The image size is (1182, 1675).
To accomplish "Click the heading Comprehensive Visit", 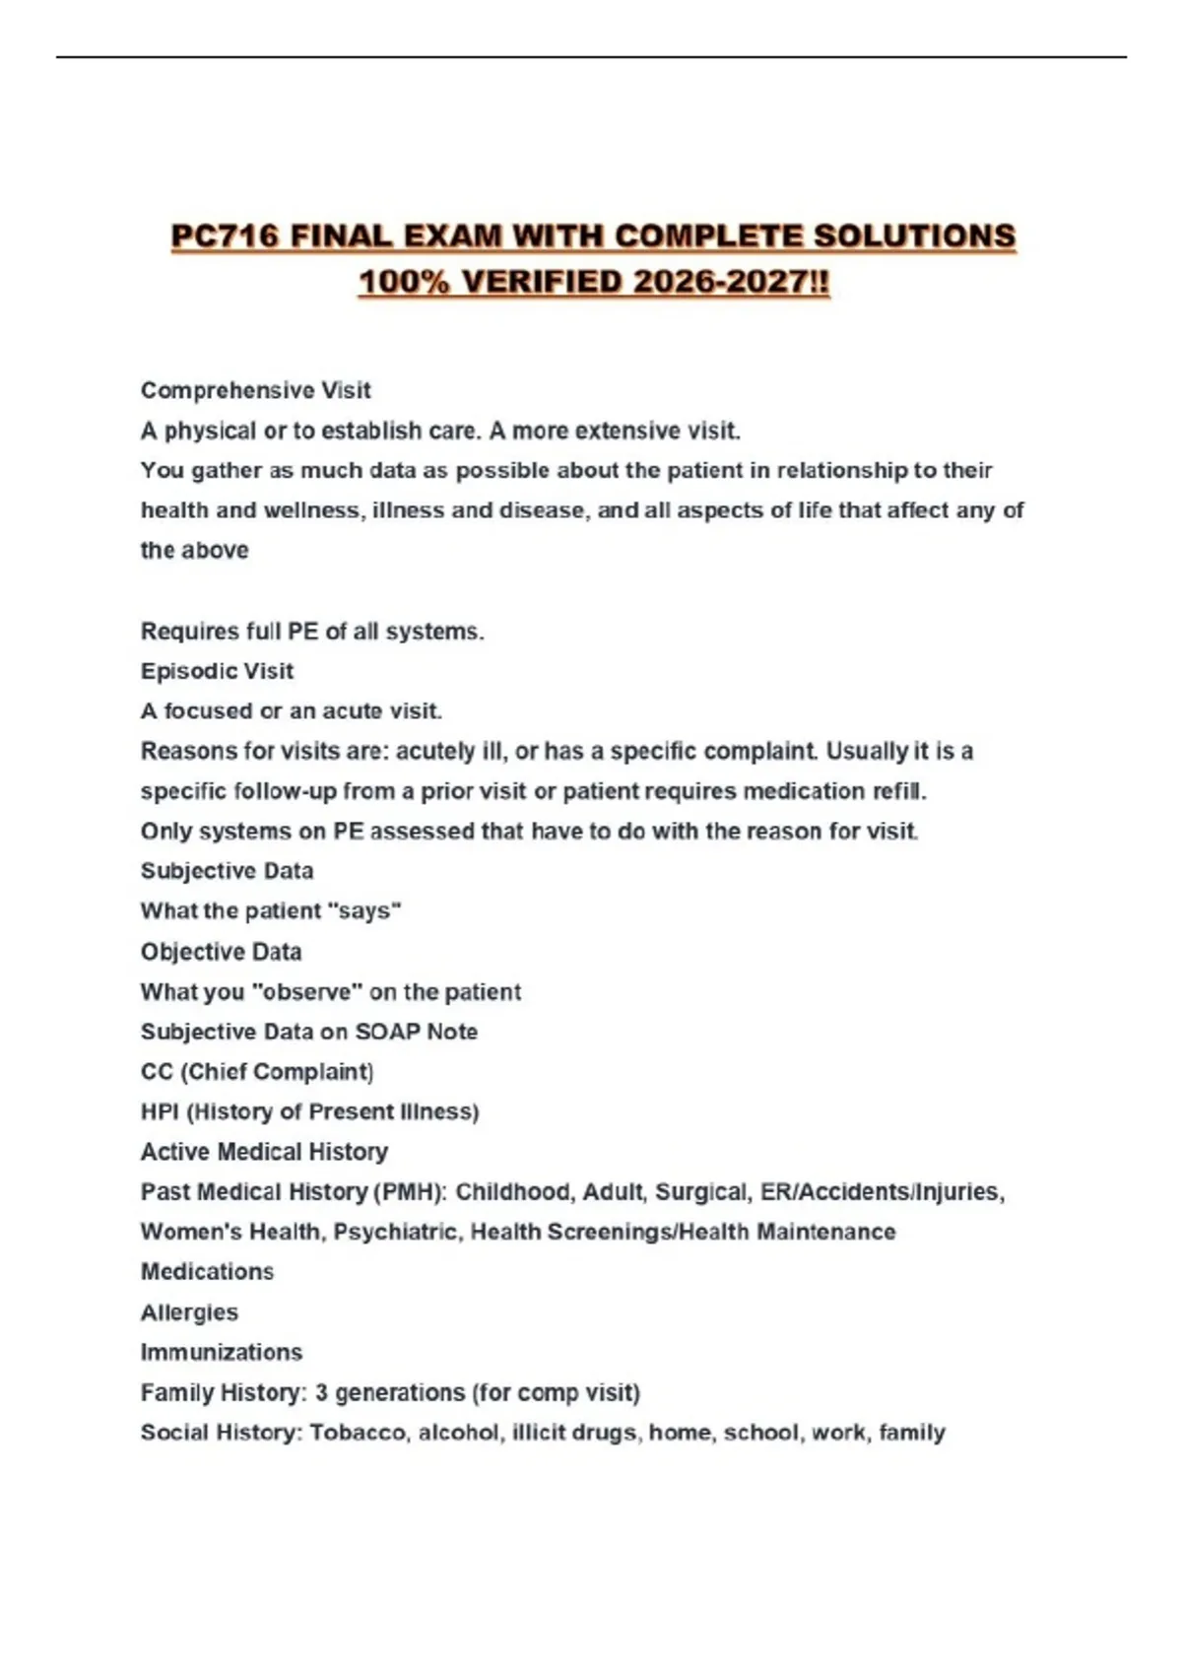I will click(x=255, y=390).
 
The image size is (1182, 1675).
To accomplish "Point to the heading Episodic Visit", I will click(x=217, y=671).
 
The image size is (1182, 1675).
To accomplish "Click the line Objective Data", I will click(x=221, y=952).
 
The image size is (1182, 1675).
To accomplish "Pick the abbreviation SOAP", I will click(x=385, y=1032).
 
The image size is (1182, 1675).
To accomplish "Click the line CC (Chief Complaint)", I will click(x=256, y=1072).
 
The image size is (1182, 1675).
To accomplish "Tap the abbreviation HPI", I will click(x=159, y=1111).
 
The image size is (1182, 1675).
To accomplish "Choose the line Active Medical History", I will click(x=264, y=1152).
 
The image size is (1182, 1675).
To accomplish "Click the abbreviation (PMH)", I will click(x=410, y=1192).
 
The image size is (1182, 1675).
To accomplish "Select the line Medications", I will click(x=207, y=1272).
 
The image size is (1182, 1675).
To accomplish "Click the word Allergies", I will click(x=189, y=1312).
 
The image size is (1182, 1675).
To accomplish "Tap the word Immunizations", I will click(x=221, y=1352).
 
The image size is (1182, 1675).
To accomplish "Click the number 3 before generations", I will click(x=321, y=1392).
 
